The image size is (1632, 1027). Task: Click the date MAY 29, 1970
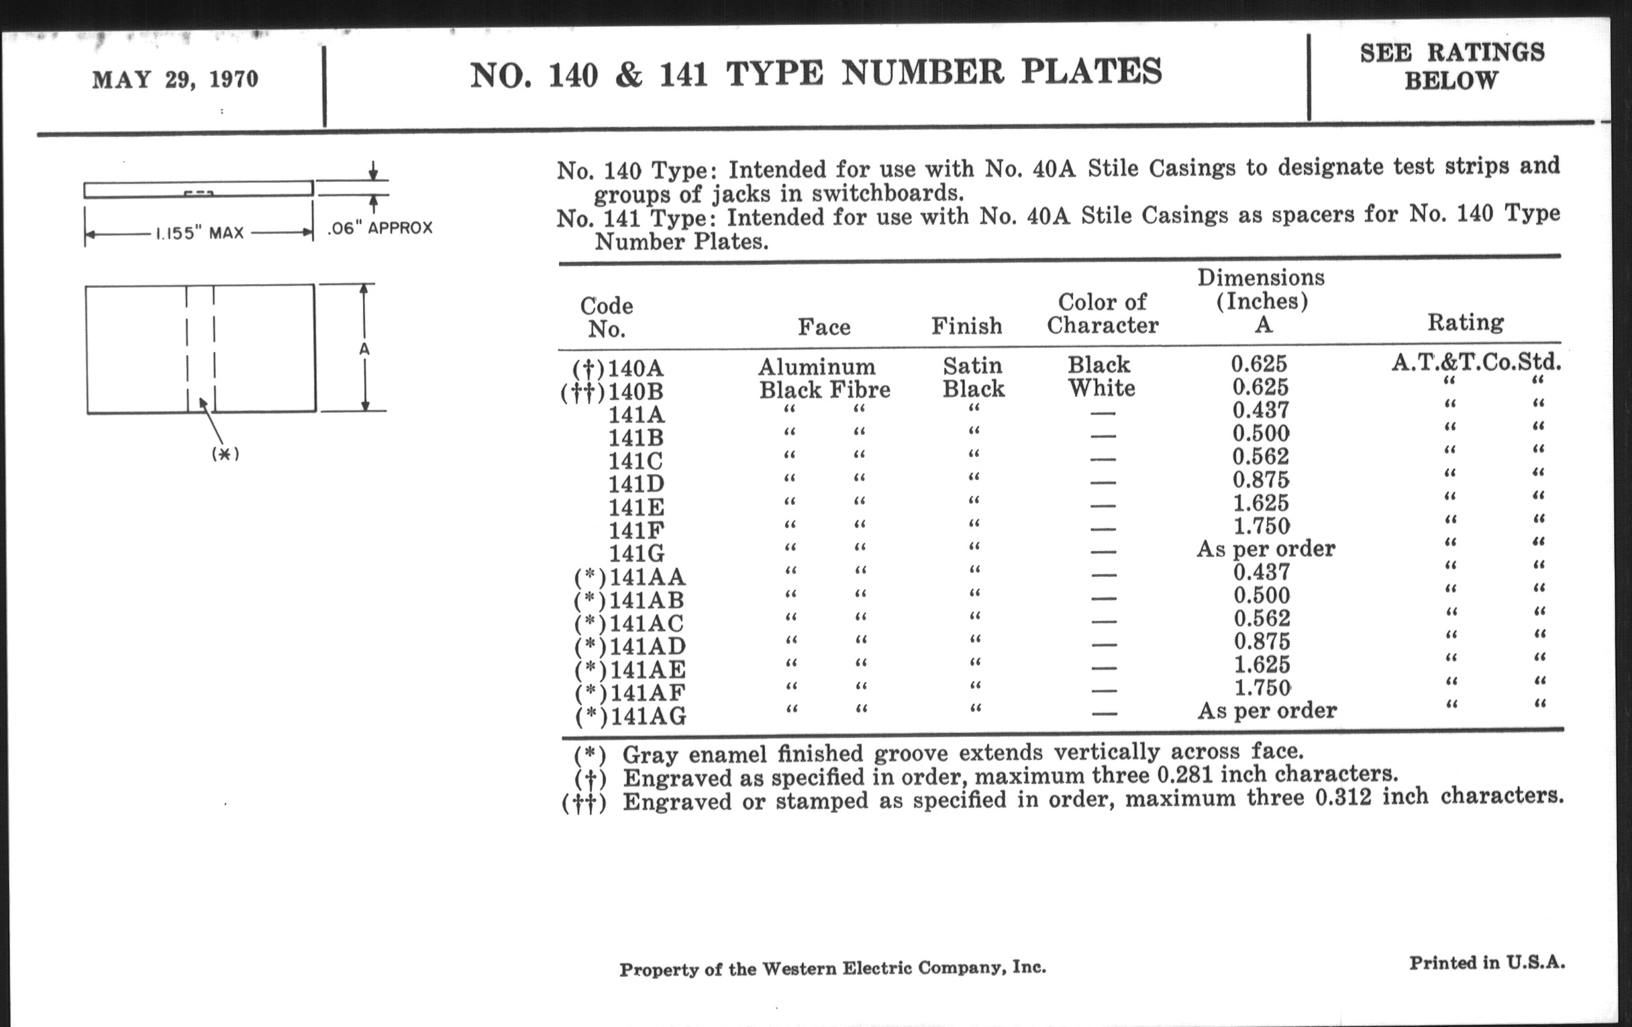click(x=175, y=79)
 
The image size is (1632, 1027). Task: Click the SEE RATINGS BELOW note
click(x=1451, y=66)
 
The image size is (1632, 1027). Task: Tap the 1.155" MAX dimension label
click(x=199, y=234)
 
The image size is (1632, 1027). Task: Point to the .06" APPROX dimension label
click(x=380, y=228)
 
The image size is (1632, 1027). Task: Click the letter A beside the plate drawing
click(x=364, y=349)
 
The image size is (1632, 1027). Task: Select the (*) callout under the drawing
click(x=225, y=454)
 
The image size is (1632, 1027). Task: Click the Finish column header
click(x=966, y=326)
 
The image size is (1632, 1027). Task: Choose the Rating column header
click(x=1466, y=322)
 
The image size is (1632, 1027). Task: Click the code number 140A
click(x=635, y=369)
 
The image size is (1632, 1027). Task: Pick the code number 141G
click(x=636, y=553)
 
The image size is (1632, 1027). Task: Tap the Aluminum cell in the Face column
click(x=817, y=366)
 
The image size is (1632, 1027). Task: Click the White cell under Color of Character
click(x=1101, y=389)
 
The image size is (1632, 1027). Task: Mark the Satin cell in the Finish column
click(x=972, y=366)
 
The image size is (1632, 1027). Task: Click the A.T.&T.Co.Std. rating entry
click(x=1476, y=362)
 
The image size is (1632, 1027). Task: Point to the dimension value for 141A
click(x=1261, y=410)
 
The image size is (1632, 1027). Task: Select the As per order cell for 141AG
click(x=1267, y=710)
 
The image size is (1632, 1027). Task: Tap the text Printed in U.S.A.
click(x=1487, y=963)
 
